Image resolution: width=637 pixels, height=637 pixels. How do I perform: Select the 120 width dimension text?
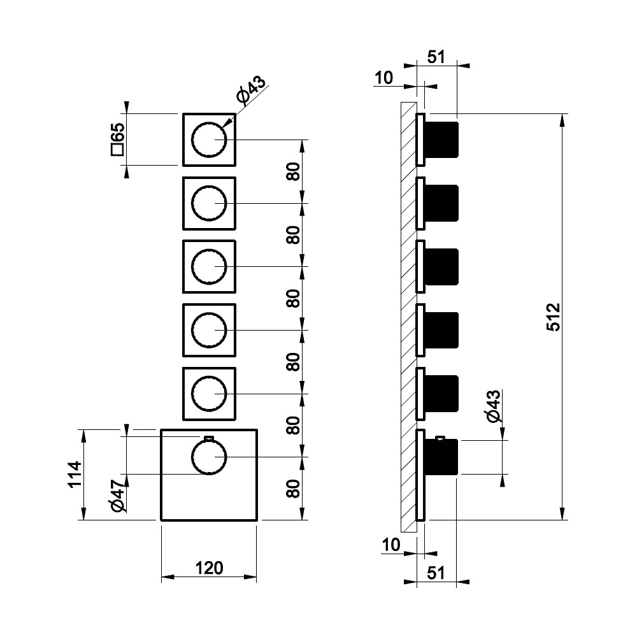point(210,568)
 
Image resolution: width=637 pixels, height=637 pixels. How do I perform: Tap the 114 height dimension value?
point(75,475)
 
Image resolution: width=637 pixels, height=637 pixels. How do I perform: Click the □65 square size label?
point(117,140)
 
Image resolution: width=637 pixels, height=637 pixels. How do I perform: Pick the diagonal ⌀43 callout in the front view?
point(252,89)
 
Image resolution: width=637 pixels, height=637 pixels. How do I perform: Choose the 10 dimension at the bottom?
point(390,545)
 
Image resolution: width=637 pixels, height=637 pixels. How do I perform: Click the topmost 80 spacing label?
point(293,172)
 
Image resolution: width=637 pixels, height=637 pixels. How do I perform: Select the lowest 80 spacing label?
point(293,489)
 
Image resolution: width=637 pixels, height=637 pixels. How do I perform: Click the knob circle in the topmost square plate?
point(209,140)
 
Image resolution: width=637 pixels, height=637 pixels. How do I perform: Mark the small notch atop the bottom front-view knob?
point(208,438)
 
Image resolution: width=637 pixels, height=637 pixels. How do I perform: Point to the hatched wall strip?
point(408,317)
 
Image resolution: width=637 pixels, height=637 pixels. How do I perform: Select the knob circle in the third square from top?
point(209,266)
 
